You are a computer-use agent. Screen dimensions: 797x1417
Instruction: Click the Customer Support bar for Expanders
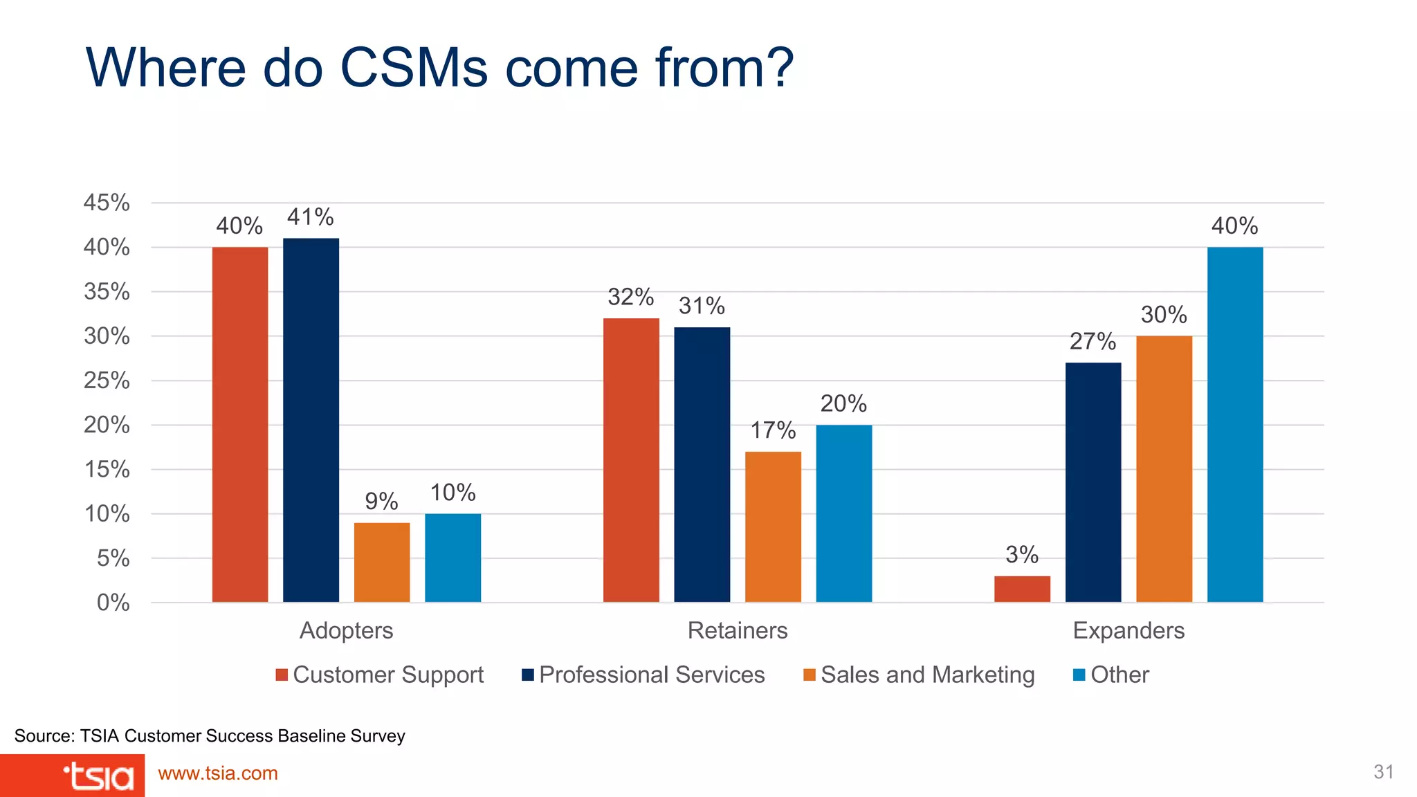[x=1022, y=589]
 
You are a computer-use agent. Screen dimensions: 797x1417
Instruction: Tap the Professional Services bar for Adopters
[x=311, y=420]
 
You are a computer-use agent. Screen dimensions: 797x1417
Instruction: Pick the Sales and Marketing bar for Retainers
[x=773, y=526]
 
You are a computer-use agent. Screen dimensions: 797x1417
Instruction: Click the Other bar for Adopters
[x=452, y=558]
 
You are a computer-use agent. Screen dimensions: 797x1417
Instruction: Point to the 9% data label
[x=381, y=501]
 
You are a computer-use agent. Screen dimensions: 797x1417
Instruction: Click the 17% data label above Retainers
[x=773, y=430]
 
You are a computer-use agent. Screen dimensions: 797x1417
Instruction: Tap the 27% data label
[x=1093, y=341]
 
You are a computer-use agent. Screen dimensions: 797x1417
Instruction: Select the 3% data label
[x=1022, y=554]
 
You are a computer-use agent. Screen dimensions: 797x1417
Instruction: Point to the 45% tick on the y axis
[x=107, y=203]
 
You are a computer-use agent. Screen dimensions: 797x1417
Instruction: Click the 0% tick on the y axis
[x=113, y=603]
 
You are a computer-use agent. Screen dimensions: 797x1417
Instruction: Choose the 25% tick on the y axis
[x=107, y=381]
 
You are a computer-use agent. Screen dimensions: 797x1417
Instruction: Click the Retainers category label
[x=738, y=630]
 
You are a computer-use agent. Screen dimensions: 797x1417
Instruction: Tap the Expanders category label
[x=1128, y=630]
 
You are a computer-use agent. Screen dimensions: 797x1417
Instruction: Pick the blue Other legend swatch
[x=1079, y=675]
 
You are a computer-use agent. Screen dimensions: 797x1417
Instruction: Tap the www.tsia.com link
[x=218, y=773]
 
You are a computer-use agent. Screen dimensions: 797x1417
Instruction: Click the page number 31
[x=1383, y=772]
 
